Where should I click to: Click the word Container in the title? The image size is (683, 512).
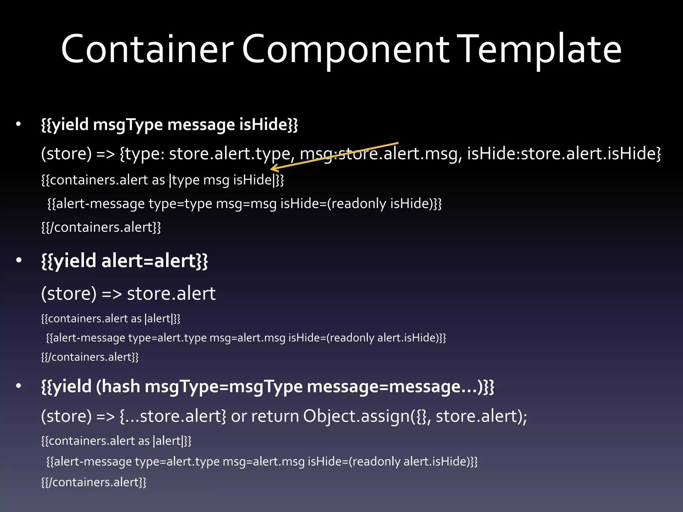[147, 49]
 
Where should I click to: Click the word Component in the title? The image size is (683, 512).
[345, 49]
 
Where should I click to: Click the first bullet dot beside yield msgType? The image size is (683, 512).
[19, 125]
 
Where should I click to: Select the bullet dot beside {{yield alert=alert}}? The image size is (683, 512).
[19, 260]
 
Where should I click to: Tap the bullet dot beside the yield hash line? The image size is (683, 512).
[19, 386]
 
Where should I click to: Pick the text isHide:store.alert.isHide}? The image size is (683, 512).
[564, 153]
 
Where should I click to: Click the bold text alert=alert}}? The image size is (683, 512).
[154, 260]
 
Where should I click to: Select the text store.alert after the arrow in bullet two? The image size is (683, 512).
[171, 293]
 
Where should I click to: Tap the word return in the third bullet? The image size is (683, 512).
[275, 416]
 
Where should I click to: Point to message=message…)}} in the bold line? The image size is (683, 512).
[400, 386]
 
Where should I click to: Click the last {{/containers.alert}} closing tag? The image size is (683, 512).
[94, 482]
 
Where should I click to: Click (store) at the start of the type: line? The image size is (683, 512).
[66, 153]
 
